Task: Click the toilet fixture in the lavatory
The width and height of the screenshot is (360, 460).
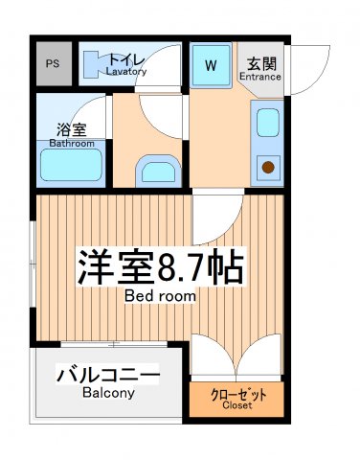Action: tap(97, 64)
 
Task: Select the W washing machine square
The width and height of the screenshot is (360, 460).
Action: tap(211, 66)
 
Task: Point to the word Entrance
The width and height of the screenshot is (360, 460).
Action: tap(259, 77)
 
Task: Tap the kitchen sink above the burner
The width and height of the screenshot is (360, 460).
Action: tap(267, 123)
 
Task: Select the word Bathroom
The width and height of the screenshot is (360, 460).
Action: tap(73, 144)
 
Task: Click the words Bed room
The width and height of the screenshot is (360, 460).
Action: tap(160, 297)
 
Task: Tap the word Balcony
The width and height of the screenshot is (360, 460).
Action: tap(107, 393)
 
